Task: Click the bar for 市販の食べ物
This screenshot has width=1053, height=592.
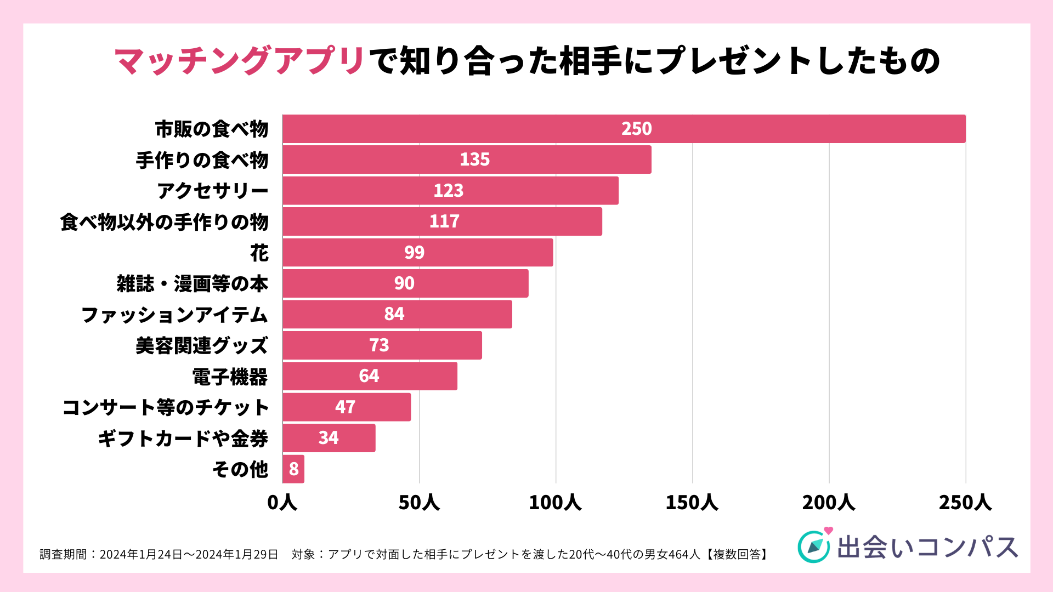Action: coord(624,129)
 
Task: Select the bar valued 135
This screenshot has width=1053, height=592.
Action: coord(467,160)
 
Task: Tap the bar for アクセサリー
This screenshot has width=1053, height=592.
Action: coord(450,191)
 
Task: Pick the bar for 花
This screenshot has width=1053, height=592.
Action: coord(417,252)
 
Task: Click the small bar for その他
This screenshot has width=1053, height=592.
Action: coord(293,469)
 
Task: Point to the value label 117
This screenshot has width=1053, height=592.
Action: coord(444,221)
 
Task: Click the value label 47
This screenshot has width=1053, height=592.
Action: coord(345,407)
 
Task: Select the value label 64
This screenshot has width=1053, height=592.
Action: coord(369,376)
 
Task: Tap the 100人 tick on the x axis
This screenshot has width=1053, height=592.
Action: coord(555,503)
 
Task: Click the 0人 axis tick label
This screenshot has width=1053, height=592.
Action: coord(282,503)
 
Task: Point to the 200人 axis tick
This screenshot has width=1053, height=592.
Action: coord(828,503)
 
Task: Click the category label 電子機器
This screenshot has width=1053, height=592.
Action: coord(230,377)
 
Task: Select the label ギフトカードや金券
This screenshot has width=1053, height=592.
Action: coord(183,439)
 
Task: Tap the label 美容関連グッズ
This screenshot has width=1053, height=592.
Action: coord(201,346)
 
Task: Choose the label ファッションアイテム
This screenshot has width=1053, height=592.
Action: coord(174,315)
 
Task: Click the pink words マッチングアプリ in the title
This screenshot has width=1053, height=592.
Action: coord(240,60)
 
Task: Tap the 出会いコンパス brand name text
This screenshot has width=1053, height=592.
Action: coord(927,547)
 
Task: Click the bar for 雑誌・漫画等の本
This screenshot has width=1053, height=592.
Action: coord(405,283)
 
